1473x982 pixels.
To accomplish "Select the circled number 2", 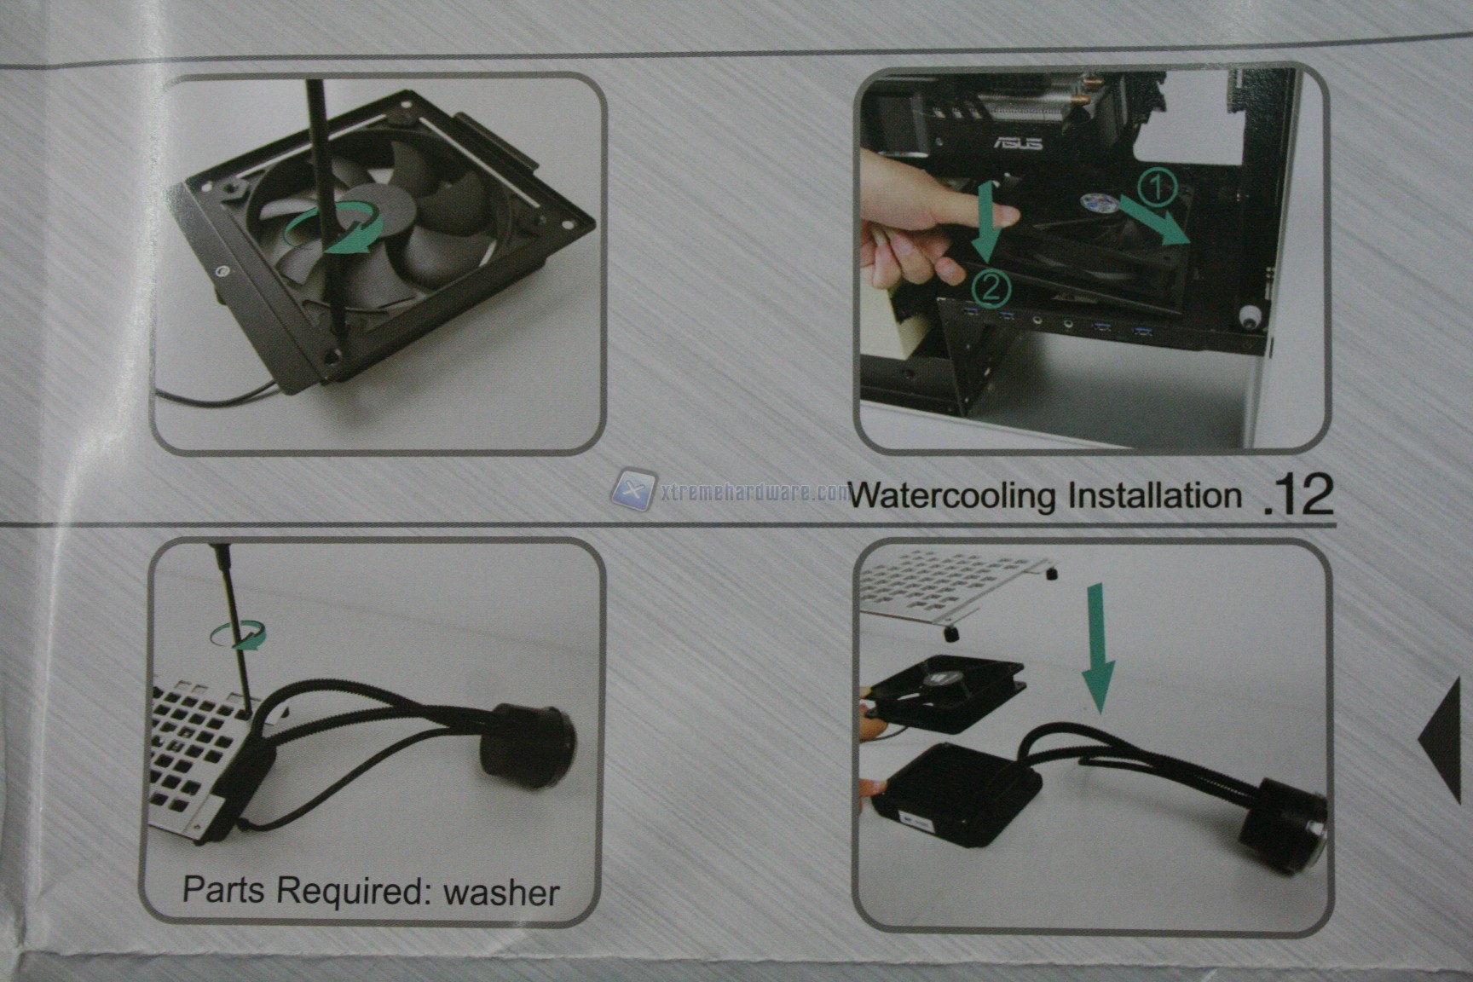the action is pos(989,287).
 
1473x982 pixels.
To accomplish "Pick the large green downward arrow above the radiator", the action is pos(1096,649).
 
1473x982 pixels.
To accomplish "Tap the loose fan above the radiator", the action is pos(946,694).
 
